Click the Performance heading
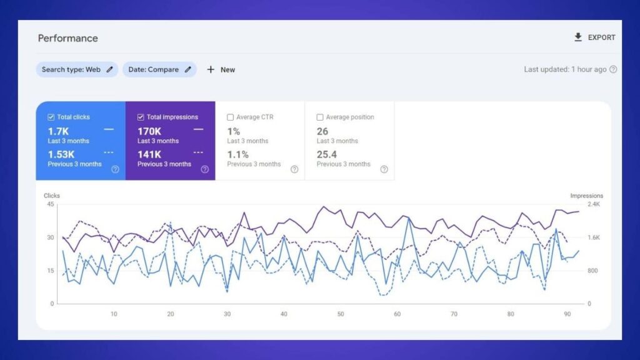67,38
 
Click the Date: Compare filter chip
159,69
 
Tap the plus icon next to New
211,69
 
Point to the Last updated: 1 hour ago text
565,69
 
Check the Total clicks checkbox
51,117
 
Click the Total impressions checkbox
141,117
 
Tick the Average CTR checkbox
231,117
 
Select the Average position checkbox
320,117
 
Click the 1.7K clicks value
58,131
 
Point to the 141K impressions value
149,154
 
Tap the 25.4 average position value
327,154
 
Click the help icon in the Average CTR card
294,169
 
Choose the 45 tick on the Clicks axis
50,204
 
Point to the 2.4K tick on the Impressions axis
593,204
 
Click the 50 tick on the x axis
341,314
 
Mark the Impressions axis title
587,196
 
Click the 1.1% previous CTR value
237,154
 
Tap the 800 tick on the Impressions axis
593,271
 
